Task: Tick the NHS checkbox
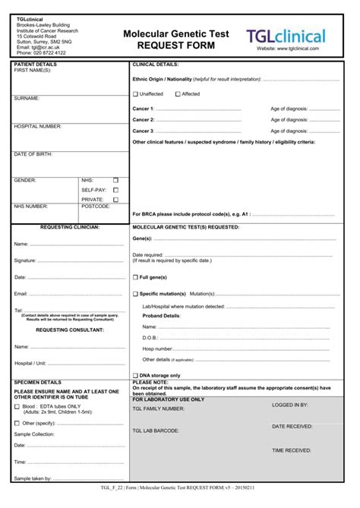116,181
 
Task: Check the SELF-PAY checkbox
116,190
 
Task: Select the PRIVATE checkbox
116,199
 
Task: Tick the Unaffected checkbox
135,94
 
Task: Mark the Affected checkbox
178,94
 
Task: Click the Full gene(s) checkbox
135,277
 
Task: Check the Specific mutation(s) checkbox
135,293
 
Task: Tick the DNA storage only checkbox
135,375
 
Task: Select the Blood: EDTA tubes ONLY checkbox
17,406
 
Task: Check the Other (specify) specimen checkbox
17,423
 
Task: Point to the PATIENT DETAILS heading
35,65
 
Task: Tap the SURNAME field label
27,99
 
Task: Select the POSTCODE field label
96,206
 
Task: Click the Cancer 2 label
143,120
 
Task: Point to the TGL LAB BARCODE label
156,431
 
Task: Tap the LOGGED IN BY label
290,405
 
